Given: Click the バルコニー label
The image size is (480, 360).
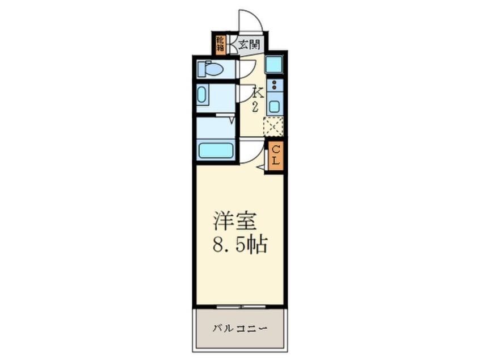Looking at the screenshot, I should [x=239, y=329].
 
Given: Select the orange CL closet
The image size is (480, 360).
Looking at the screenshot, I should [x=275, y=155].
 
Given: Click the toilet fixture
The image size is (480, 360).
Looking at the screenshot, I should [x=210, y=69].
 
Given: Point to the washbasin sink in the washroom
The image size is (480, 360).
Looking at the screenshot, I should [x=203, y=94].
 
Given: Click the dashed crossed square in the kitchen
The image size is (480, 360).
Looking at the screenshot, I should [x=273, y=125].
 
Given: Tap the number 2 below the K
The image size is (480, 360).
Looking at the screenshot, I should [x=256, y=107].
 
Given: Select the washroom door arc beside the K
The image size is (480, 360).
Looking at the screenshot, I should [x=246, y=93].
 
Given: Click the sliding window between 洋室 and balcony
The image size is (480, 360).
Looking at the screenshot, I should [x=240, y=307].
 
